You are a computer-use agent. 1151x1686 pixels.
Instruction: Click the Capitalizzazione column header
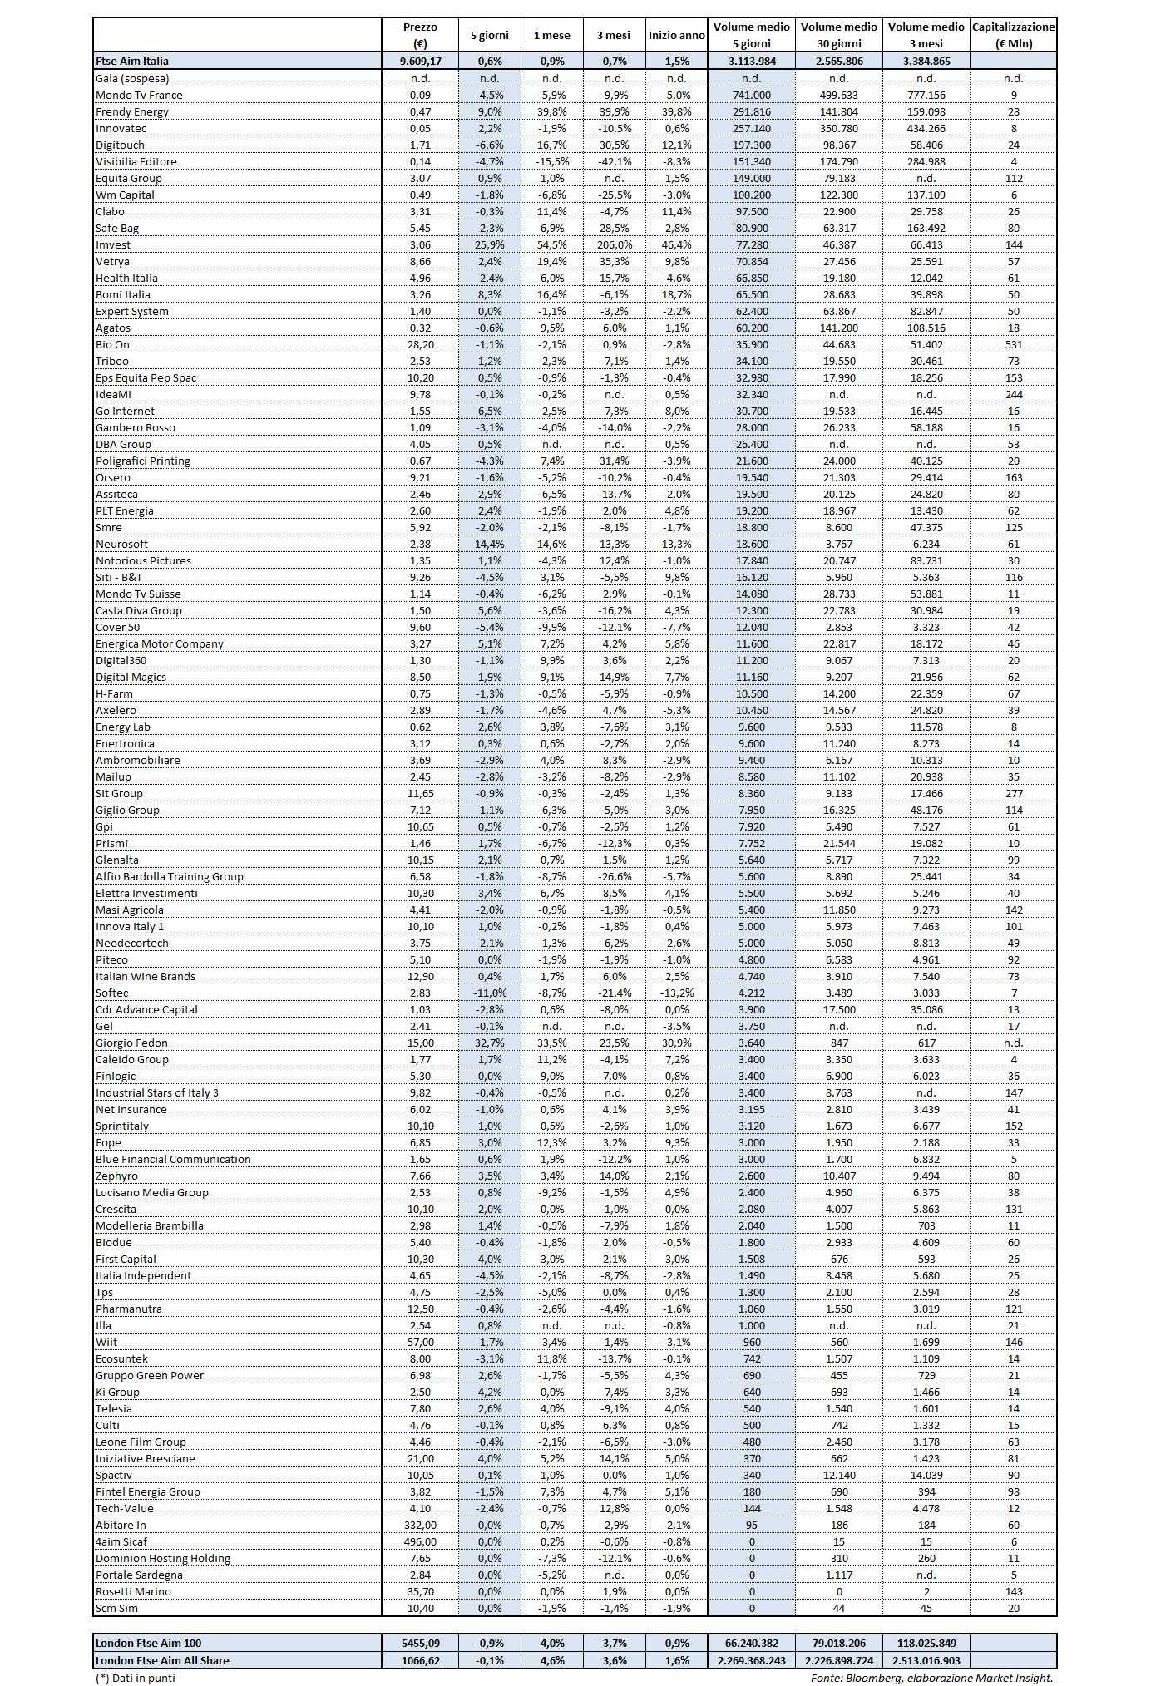(x=1013, y=35)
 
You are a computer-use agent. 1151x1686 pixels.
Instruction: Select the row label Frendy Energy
(x=132, y=111)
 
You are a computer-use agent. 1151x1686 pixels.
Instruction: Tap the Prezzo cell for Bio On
(x=420, y=344)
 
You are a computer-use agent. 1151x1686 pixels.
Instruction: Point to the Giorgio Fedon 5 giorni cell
(x=490, y=1043)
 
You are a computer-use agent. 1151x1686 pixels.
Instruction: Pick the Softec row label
(x=112, y=993)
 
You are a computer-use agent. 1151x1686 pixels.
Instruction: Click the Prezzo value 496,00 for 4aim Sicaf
(x=420, y=1541)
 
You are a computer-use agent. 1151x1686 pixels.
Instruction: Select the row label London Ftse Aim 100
(x=148, y=1643)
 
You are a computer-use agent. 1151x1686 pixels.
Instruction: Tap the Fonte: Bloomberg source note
(x=931, y=1678)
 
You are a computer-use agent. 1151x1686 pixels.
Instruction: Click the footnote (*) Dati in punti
(x=136, y=1678)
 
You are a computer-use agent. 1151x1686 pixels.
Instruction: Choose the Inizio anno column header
(x=676, y=35)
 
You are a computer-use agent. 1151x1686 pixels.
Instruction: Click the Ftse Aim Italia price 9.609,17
(x=420, y=61)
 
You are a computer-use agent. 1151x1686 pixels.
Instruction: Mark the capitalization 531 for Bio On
(x=1013, y=344)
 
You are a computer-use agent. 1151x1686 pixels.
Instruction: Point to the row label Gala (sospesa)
(x=132, y=78)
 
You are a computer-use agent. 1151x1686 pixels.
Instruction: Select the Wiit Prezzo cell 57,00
(x=420, y=1342)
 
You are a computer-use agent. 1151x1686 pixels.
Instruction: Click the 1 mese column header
(x=551, y=35)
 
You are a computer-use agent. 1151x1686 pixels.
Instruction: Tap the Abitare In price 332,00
(x=420, y=1525)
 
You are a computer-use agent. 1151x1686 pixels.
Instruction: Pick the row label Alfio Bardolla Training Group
(x=170, y=876)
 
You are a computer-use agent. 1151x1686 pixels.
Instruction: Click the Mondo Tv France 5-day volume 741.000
(x=752, y=95)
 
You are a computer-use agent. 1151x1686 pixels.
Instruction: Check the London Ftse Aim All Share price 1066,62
(x=420, y=1660)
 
